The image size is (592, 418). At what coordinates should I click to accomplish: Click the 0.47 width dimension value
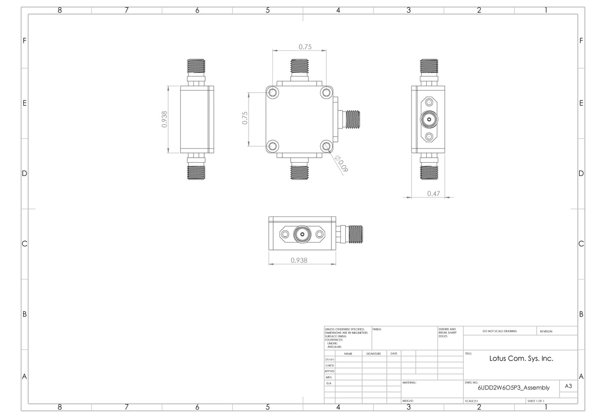pyautogui.click(x=433, y=194)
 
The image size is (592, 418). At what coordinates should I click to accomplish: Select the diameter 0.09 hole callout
pyautogui.click(x=341, y=164)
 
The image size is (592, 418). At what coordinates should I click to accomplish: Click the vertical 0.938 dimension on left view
pyautogui.click(x=165, y=119)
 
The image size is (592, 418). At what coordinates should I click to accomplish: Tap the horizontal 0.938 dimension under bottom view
pyautogui.click(x=299, y=260)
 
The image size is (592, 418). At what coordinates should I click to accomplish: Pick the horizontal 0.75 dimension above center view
pyautogui.click(x=305, y=47)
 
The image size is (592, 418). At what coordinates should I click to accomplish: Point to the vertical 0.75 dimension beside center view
pyautogui.click(x=245, y=118)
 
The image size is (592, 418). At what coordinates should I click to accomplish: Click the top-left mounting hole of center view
pyautogui.click(x=273, y=93)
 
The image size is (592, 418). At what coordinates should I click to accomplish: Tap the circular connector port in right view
pyautogui.click(x=429, y=119)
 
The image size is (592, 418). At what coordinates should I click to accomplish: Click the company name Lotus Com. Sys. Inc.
pyautogui.click(x=521, y=358)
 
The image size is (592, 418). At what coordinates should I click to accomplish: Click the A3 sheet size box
pyautogui.click(x=568, y=386)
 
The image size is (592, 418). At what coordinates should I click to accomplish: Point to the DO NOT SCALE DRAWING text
pyautogui.click(x=500, y=331)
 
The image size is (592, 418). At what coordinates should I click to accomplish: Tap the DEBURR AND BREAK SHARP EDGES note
pyautogui.click(x=447, y=333)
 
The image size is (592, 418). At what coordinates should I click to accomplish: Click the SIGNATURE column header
pyautogui.click(x=373, y=353)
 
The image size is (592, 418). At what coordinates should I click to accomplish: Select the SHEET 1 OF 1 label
pyautogui.click(x=536, y=401)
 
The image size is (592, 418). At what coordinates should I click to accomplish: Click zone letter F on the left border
pyautogui.click(x=24, y=40)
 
